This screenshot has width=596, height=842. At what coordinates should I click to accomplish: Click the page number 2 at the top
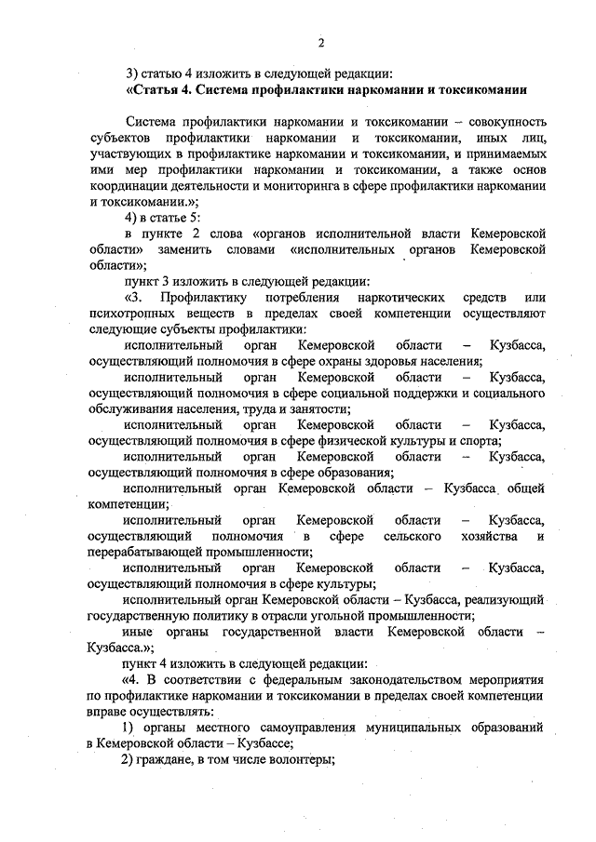click(319, 42)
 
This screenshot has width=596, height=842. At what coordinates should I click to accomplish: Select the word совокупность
click(501, 121)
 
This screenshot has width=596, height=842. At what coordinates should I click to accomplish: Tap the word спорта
click(481, 441)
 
